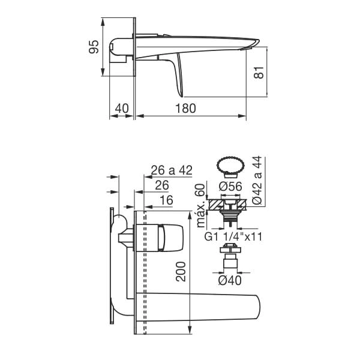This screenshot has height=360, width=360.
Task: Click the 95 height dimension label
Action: [x=94, y=47]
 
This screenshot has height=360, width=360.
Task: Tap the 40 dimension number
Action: [x=122, y=108]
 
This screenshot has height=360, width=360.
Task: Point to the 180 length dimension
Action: [x=185, y=108]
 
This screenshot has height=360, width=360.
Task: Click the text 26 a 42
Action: [x=172, y=170]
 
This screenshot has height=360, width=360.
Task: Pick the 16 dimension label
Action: [x=166, y=200]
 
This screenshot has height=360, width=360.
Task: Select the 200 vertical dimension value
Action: [x=181, y=272]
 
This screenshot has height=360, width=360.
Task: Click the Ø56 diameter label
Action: [x=230, y=186]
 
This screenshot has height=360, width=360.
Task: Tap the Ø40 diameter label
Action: [x=230, y=280]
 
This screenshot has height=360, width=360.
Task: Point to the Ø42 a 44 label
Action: [x=257, y=180]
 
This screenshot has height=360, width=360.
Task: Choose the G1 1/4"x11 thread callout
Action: [x=233, y=237]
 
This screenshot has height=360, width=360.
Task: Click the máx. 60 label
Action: [x=200, y=205]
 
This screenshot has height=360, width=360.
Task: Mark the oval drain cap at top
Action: [x=230, y=166]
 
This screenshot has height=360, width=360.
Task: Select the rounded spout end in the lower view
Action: [x=257, y=307]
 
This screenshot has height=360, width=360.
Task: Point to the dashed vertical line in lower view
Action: [x=145, y=272]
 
